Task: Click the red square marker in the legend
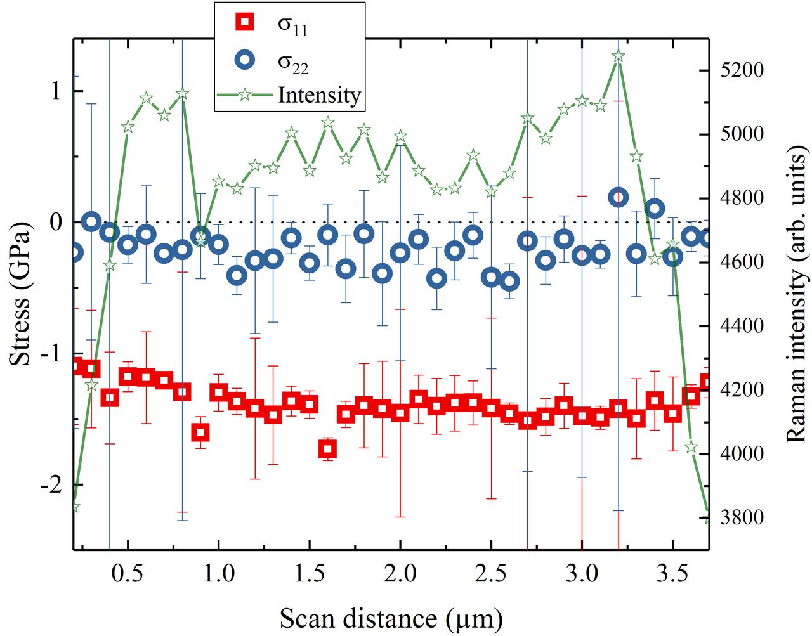point(245,23)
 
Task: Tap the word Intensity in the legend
point(319,95)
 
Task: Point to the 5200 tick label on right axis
point(742,70)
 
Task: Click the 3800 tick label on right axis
point(742,517)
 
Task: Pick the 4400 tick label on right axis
point(742,326)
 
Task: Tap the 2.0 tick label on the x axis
point(400,574)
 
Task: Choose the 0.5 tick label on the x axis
point(128,574)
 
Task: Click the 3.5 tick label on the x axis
point(672,574)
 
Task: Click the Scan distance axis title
point(391,618)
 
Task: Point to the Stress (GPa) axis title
point(20,294)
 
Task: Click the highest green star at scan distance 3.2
point(619,56)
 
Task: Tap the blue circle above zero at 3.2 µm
point(619,197)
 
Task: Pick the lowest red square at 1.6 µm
point(327,449)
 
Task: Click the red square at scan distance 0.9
point(200,432)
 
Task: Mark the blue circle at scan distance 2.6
point(509,282)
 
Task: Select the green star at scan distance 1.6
point(327,122)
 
